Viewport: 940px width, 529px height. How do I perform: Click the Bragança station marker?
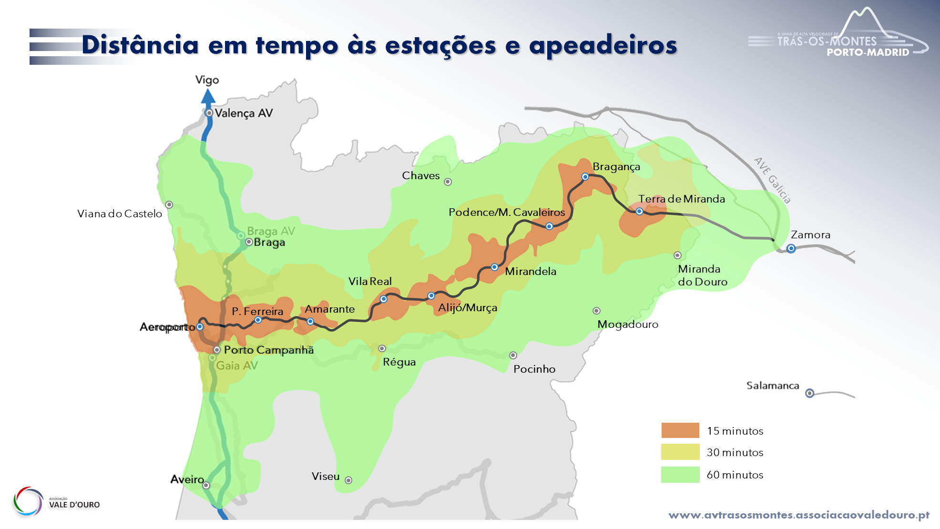pos(585,177)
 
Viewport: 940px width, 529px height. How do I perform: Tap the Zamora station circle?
pos(791,248)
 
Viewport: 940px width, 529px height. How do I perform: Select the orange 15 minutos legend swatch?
pos(680,430)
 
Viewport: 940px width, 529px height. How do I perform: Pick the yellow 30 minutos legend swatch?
pos(680,452)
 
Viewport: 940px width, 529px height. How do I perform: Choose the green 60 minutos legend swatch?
pos(680,475)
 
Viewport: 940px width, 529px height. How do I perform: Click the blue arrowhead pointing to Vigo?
pos(208,96)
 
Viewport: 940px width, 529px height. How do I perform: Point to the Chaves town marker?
pos(448,182)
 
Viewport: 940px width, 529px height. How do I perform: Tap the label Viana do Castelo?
pos(120,214)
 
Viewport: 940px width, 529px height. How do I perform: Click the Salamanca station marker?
pos(809,393)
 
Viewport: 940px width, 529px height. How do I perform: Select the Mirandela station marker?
pos(494,267)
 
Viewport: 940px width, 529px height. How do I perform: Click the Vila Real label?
pos(370,281)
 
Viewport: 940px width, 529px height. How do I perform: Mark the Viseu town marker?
pos(348,480)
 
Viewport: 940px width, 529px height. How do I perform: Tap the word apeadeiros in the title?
pos(603,45)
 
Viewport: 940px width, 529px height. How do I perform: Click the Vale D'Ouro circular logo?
pos(28,501)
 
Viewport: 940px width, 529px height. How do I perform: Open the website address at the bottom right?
pos(799,515)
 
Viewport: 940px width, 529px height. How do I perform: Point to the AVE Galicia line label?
pos(773,180)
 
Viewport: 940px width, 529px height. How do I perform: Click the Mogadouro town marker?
pos(596,311)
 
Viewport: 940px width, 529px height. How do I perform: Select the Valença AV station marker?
pos(209,113)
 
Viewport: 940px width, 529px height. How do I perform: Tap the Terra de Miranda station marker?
pos(639,212)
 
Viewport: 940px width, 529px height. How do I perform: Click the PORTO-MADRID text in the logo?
pos(868,52)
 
